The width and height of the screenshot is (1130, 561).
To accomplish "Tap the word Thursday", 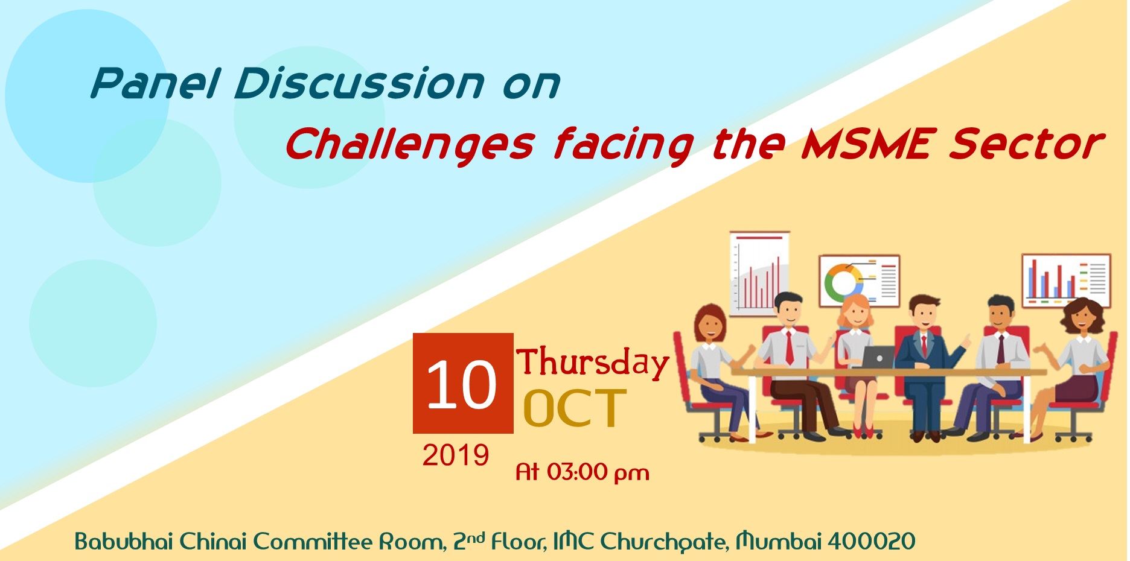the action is click(x=593, y=363).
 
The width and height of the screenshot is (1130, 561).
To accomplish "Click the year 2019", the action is click(x=456, y=455).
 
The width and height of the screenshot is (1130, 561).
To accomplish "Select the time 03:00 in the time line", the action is click(x=577, y=472).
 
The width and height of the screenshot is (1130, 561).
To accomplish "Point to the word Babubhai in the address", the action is click(x=124, y=541).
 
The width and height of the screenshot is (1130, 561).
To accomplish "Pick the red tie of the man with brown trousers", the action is click(x=788, y=347).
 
